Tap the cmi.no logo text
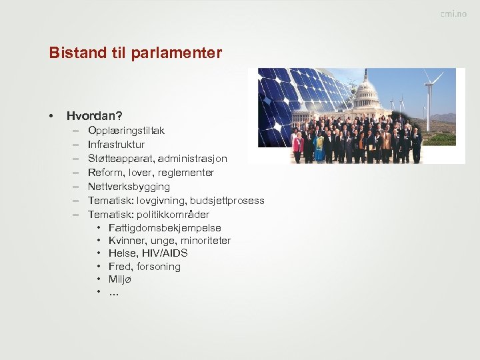pyautogui.click(x=453, y=14)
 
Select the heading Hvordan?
pyautogui.click(x=94, y=116)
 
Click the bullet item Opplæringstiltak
pyautogui.click(x=126, y=131)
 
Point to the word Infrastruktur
pyautogui.click(x=116, y=145)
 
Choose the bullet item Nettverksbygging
pyautogui.click(x=129, y=187)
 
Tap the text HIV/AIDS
pyautogui.click(x=164, y=253)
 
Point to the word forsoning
pyautogui.click(x=159, y=267)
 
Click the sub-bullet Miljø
pyautogui.click(x=120, y=279)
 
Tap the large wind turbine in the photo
pyautogui.click(x=429, y=100)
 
